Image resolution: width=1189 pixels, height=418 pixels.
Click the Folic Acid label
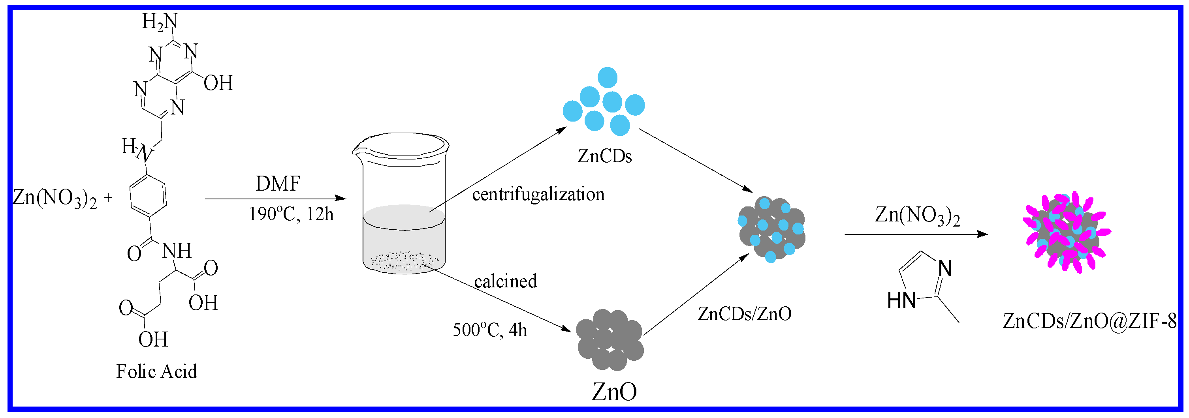coord(156,371)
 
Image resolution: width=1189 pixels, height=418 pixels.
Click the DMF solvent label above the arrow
coord(278,184)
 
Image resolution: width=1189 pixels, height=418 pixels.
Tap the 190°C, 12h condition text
coord(291,214)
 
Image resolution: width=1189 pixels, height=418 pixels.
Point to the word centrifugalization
coord(538,194)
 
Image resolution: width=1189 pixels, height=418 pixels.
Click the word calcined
coord(505,281)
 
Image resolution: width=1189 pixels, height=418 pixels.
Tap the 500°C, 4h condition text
coord(489,330)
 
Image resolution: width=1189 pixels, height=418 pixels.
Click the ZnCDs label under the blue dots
coord(605,156)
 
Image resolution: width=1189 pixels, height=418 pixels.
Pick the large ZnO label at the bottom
coord(614,392)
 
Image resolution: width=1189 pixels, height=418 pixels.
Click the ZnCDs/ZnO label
coord(744,314)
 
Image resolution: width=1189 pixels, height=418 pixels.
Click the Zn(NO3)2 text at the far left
coord(55,199)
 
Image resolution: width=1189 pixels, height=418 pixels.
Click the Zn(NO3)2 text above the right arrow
coord(917,216)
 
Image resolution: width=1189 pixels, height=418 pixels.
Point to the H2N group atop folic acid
coord(159,21)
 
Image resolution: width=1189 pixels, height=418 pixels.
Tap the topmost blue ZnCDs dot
coord(608,77)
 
